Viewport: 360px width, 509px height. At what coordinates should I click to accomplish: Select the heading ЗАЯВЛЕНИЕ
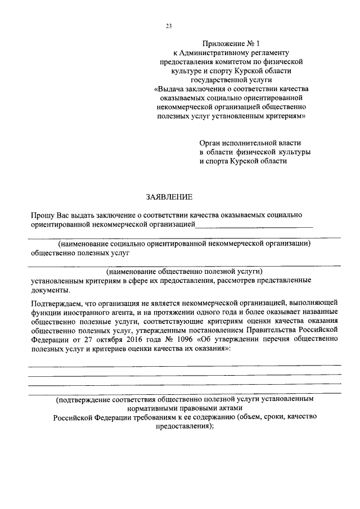(169, 197)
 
